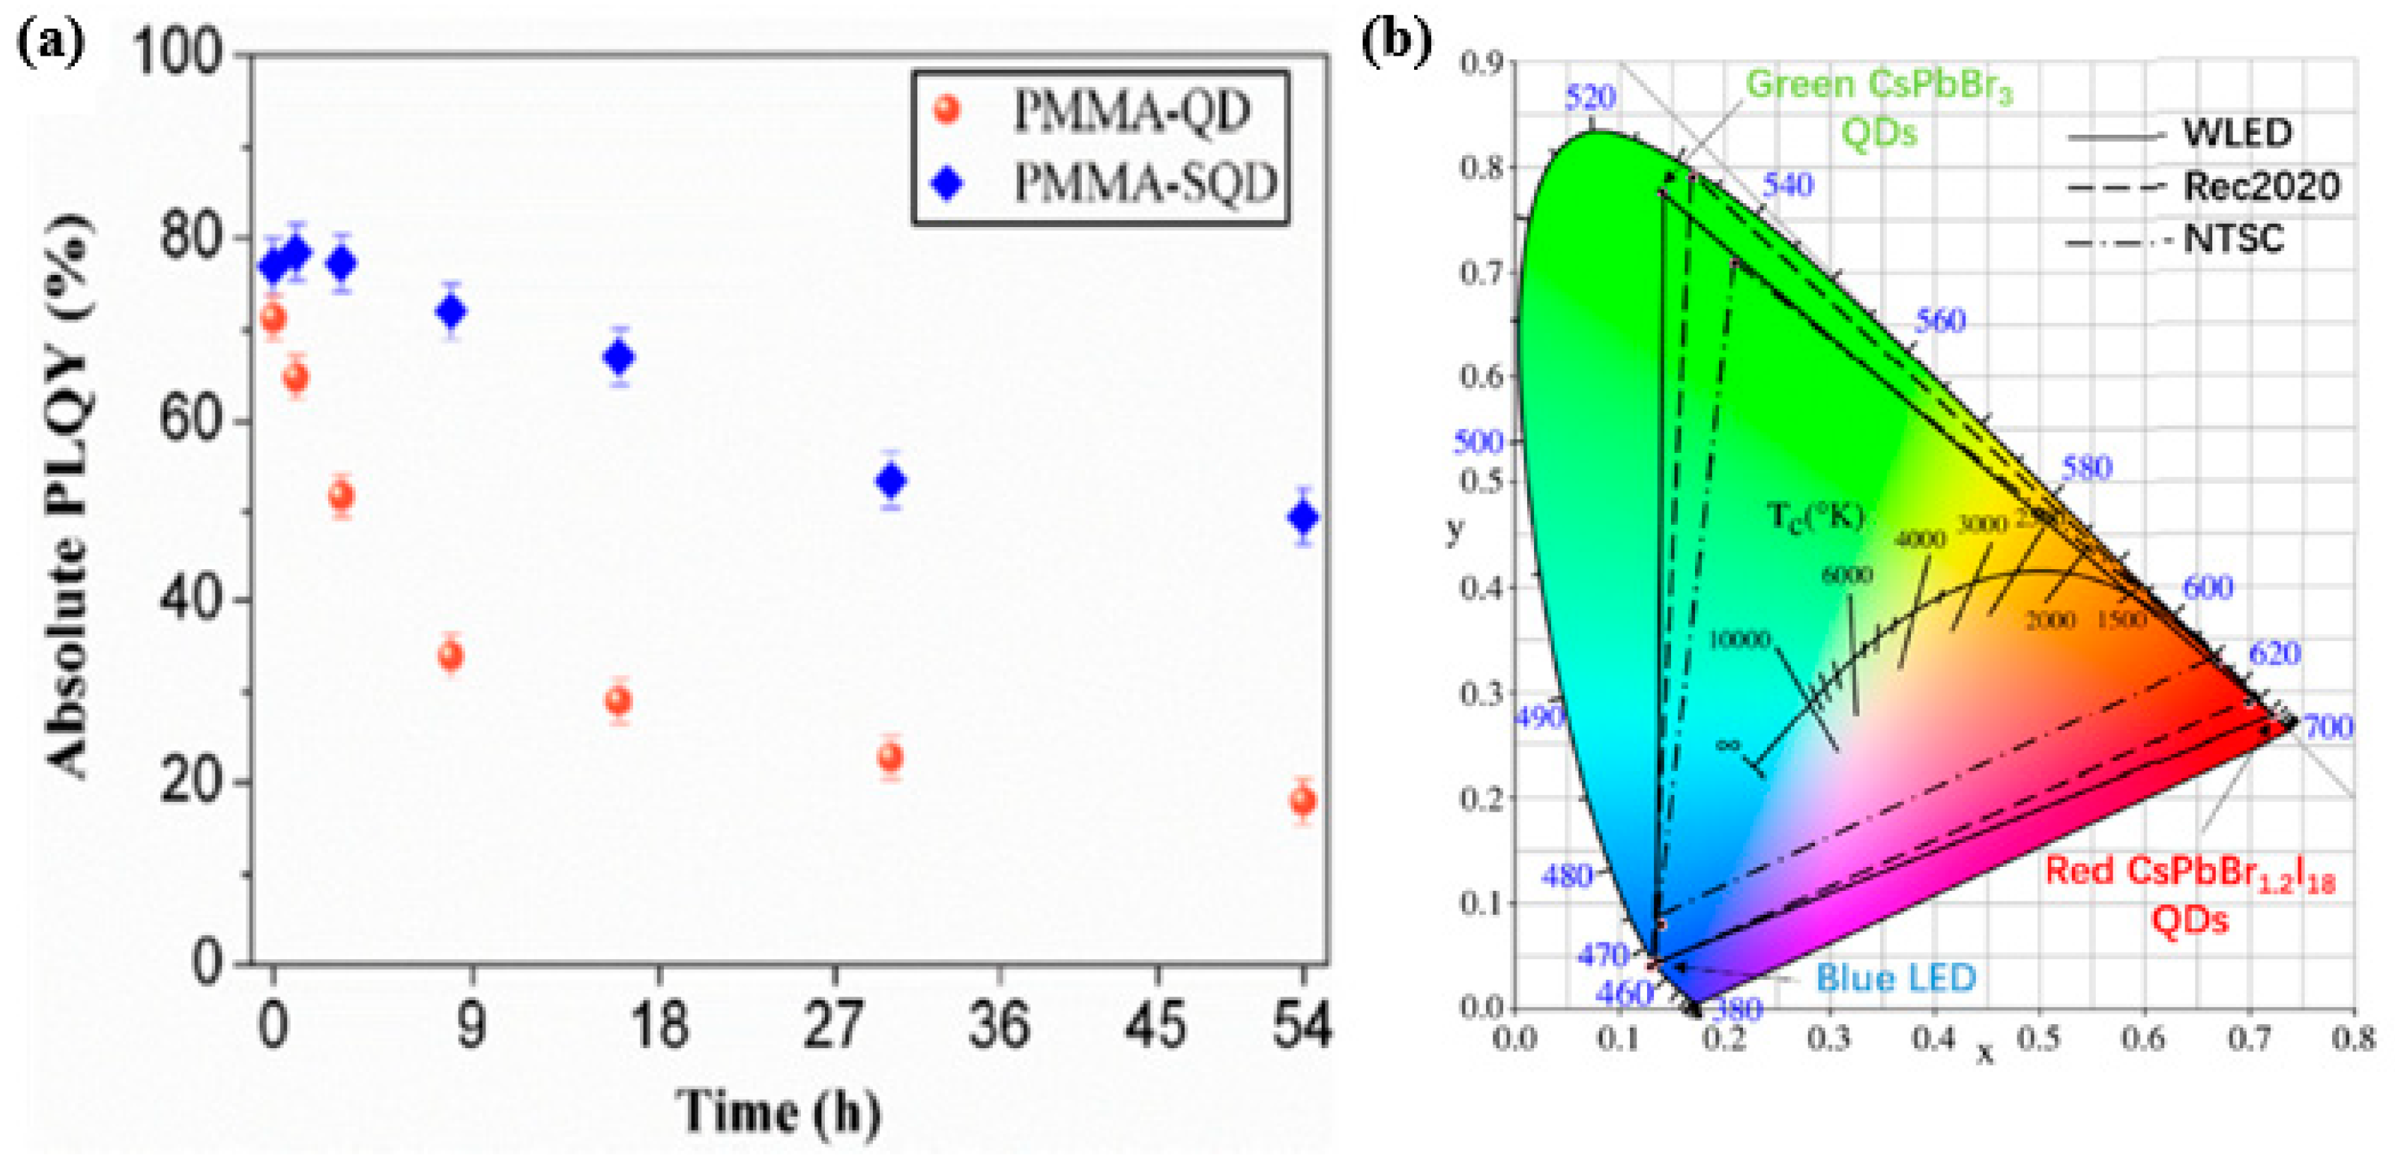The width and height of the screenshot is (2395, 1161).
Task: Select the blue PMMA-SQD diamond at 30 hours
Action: coord(891,480)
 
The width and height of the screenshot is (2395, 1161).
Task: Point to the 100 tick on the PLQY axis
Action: coord(190,52)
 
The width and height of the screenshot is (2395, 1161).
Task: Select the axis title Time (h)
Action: coord(777,1112)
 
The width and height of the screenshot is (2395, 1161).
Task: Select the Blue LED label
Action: coord(1895,978)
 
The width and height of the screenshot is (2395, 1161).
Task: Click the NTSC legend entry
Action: coord(2232,240)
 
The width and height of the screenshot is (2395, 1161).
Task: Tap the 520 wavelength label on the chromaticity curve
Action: coord(1590,97)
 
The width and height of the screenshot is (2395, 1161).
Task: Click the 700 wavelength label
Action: coord(2328,727)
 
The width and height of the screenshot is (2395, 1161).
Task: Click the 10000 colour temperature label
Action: coord(1739,640)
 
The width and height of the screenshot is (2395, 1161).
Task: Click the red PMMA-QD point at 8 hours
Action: coord(450,656)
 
